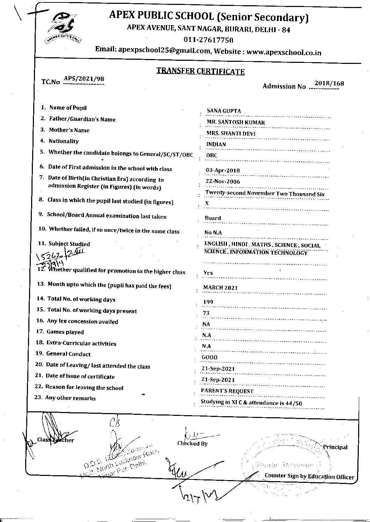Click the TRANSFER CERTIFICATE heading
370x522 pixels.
(x=200, y=71)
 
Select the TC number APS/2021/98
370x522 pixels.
(x=84, y=79)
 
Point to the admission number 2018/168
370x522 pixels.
(x=329, y=83)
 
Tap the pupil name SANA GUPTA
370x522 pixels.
(x=224, y=111)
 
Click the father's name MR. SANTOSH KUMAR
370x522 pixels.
(x=236, y=122)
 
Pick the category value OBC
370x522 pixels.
(x=212, y=155)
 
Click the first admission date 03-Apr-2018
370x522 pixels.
(x=223, y=170)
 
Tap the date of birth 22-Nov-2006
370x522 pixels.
(x=223, y=182)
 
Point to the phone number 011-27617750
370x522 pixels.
(x=208, y=39)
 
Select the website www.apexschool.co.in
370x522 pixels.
(x=284, y=52)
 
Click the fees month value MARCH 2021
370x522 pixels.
(x=220, y=288)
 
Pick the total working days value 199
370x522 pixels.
(x=208, y=302)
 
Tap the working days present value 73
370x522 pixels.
(x=206, y=313)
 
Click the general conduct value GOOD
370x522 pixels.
(x=209, y=357)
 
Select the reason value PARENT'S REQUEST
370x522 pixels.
(x=227, y=391)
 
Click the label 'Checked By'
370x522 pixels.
(x=192, y=443)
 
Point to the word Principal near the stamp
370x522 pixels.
(x=335, y=447)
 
